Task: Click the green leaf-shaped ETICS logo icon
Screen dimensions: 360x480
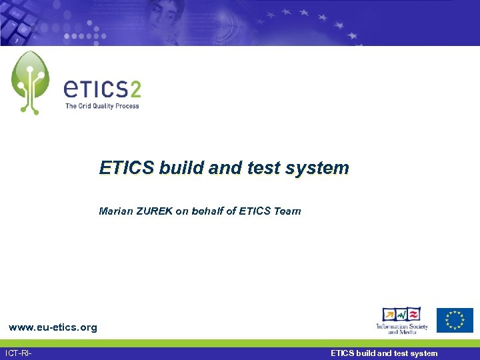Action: [30, 82]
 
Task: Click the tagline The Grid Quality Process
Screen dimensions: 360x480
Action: [102, 106]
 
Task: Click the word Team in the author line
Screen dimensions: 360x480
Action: [287, 211]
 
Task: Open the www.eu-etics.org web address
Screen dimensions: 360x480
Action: [53, 327]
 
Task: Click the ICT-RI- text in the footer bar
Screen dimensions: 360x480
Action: [19, 353]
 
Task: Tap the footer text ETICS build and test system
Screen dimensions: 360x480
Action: [384, 353]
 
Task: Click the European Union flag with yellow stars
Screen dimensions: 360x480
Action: [455, 320]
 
